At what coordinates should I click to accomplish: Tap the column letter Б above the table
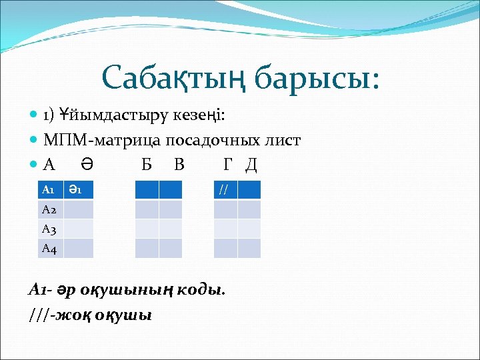pyautogui.click(x=147, y=164)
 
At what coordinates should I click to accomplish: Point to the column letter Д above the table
pyautogui.click(x=251, y=164)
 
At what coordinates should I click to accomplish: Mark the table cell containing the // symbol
pyautogui.click(x=225, y=190)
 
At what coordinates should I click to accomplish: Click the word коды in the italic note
pyautogui.click(x=201, y=291)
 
